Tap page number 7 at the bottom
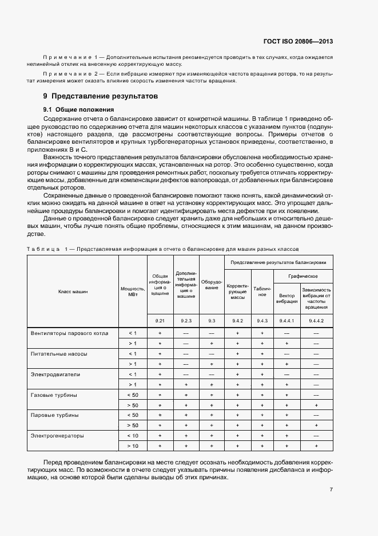331,489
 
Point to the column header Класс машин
73,291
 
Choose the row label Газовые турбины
54,395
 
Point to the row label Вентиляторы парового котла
71,333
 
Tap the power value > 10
132,446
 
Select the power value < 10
132,435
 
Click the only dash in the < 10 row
316,435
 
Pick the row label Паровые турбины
54,415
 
